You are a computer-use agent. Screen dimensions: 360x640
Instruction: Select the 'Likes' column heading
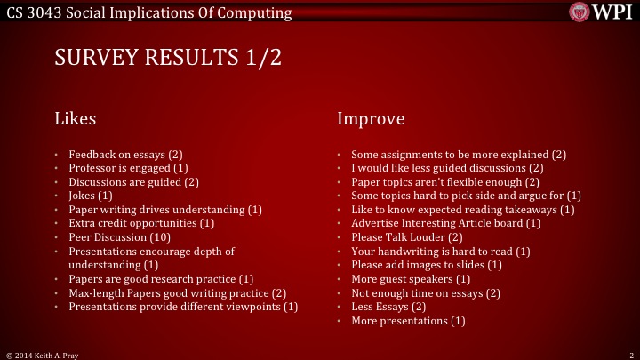[x=76, y=118]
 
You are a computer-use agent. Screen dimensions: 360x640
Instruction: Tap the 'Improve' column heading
[x=371, y=118]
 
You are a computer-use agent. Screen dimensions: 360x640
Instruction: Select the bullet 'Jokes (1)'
[x=91, y=196]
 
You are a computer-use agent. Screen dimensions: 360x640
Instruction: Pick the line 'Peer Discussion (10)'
[x=121, y=237]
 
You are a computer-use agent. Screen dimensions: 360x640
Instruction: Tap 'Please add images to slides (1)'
[x=427, y=265]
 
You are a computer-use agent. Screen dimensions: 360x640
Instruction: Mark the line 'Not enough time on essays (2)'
[x=426, y=293]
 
